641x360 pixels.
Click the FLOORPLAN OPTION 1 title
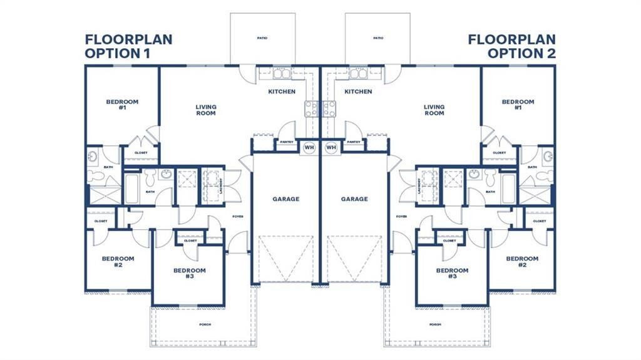tap(128, 47)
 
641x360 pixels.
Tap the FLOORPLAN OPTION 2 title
tap(512, 47)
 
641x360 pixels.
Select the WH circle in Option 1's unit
tap(309, 148)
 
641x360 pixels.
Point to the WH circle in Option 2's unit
tap(331, 148)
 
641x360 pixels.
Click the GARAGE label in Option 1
tap(285, 199)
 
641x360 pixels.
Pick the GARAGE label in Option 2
tap(354, 199)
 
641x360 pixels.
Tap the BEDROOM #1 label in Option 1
tap(122, 105)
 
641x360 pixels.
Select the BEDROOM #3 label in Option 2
tap(452, 274)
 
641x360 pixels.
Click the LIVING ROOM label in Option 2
tap(434, 110)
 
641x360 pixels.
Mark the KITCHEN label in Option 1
tap(282, 92)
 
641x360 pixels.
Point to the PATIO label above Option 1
tap(262, 39)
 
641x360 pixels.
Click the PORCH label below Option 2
tap(435, 324)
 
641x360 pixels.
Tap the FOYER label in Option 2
tap(401, 217)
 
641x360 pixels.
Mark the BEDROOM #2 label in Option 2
tap(522, 262)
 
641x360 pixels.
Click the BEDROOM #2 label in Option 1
tap(118, 262)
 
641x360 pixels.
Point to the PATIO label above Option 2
tap(378, 39)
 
